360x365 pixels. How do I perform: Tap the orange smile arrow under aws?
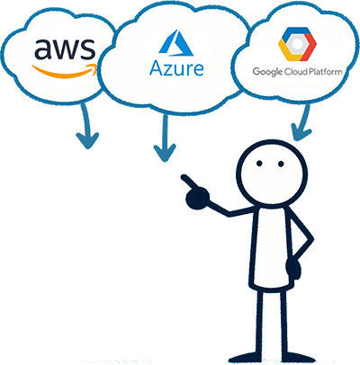click(66, 72)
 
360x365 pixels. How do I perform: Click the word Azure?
click(176, 68)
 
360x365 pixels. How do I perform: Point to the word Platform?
click(326, 72)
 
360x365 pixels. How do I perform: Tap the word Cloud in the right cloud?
click(296, 72)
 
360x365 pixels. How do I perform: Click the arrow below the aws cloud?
click(87, 126)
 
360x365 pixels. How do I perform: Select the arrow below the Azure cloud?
click(165, 138)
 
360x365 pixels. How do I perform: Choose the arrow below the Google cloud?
click(303, 122)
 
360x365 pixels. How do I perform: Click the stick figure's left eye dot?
click(259, 164)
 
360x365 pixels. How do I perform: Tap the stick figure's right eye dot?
click(281, 164)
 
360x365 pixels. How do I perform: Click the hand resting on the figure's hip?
click(293, 267)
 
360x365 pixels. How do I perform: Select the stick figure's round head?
click(272, 173)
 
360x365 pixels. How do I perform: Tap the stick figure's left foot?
click(245, 359)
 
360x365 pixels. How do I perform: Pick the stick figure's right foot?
click(295, 359)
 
